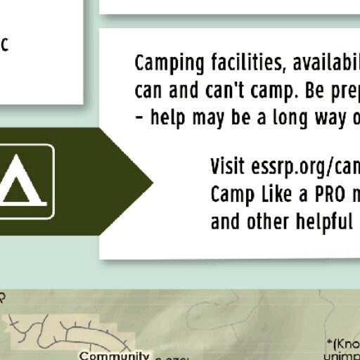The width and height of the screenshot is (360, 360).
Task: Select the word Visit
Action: coord(229,167)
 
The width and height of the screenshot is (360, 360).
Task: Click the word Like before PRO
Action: coord(272,193)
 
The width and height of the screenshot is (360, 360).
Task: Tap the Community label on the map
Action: coord(114,356)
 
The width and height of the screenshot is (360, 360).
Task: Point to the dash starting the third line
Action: coord(139,117)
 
